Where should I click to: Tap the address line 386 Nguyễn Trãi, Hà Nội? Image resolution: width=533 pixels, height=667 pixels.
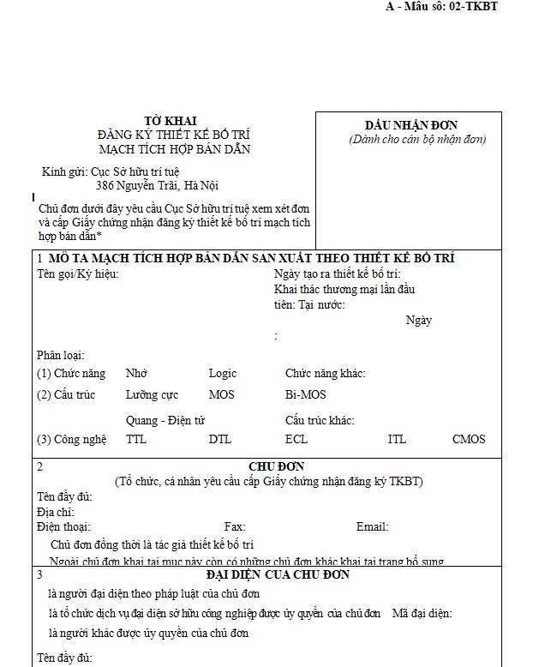coord(157,185)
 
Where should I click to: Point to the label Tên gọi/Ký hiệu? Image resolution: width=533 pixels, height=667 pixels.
coord(77,273)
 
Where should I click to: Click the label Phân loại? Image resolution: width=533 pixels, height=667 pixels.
coord(60,355)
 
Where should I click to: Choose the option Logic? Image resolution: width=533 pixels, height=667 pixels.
coord(222,374)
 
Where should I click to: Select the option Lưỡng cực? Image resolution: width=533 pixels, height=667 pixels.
coord(152,395)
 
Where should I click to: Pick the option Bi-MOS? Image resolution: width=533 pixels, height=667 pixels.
coord(305,395)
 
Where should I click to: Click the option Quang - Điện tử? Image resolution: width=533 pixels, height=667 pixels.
coord(165,420)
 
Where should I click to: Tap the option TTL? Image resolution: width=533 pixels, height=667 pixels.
coord(136,440)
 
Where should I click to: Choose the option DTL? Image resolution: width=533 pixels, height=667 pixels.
coord(219,440)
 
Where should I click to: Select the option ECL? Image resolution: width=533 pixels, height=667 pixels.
coord(296,440)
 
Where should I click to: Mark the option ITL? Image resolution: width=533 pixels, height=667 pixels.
coord(397,440)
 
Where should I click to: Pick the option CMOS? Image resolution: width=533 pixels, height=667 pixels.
coord(469,440)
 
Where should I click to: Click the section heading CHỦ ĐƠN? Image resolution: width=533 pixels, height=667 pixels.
coord(269,467)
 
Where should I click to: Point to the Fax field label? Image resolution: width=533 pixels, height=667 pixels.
coord(235,527)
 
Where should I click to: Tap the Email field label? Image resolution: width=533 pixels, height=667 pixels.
coord(372,527)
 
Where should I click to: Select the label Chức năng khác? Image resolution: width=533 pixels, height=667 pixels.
coord(325,374)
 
